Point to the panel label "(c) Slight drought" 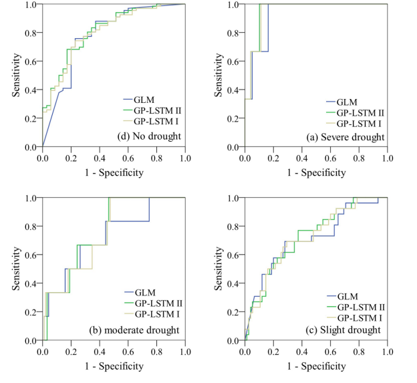350,330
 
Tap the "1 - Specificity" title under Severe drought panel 317,172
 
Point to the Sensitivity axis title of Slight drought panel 219,269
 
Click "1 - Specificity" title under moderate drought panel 114,366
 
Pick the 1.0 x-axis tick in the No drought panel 185,158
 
